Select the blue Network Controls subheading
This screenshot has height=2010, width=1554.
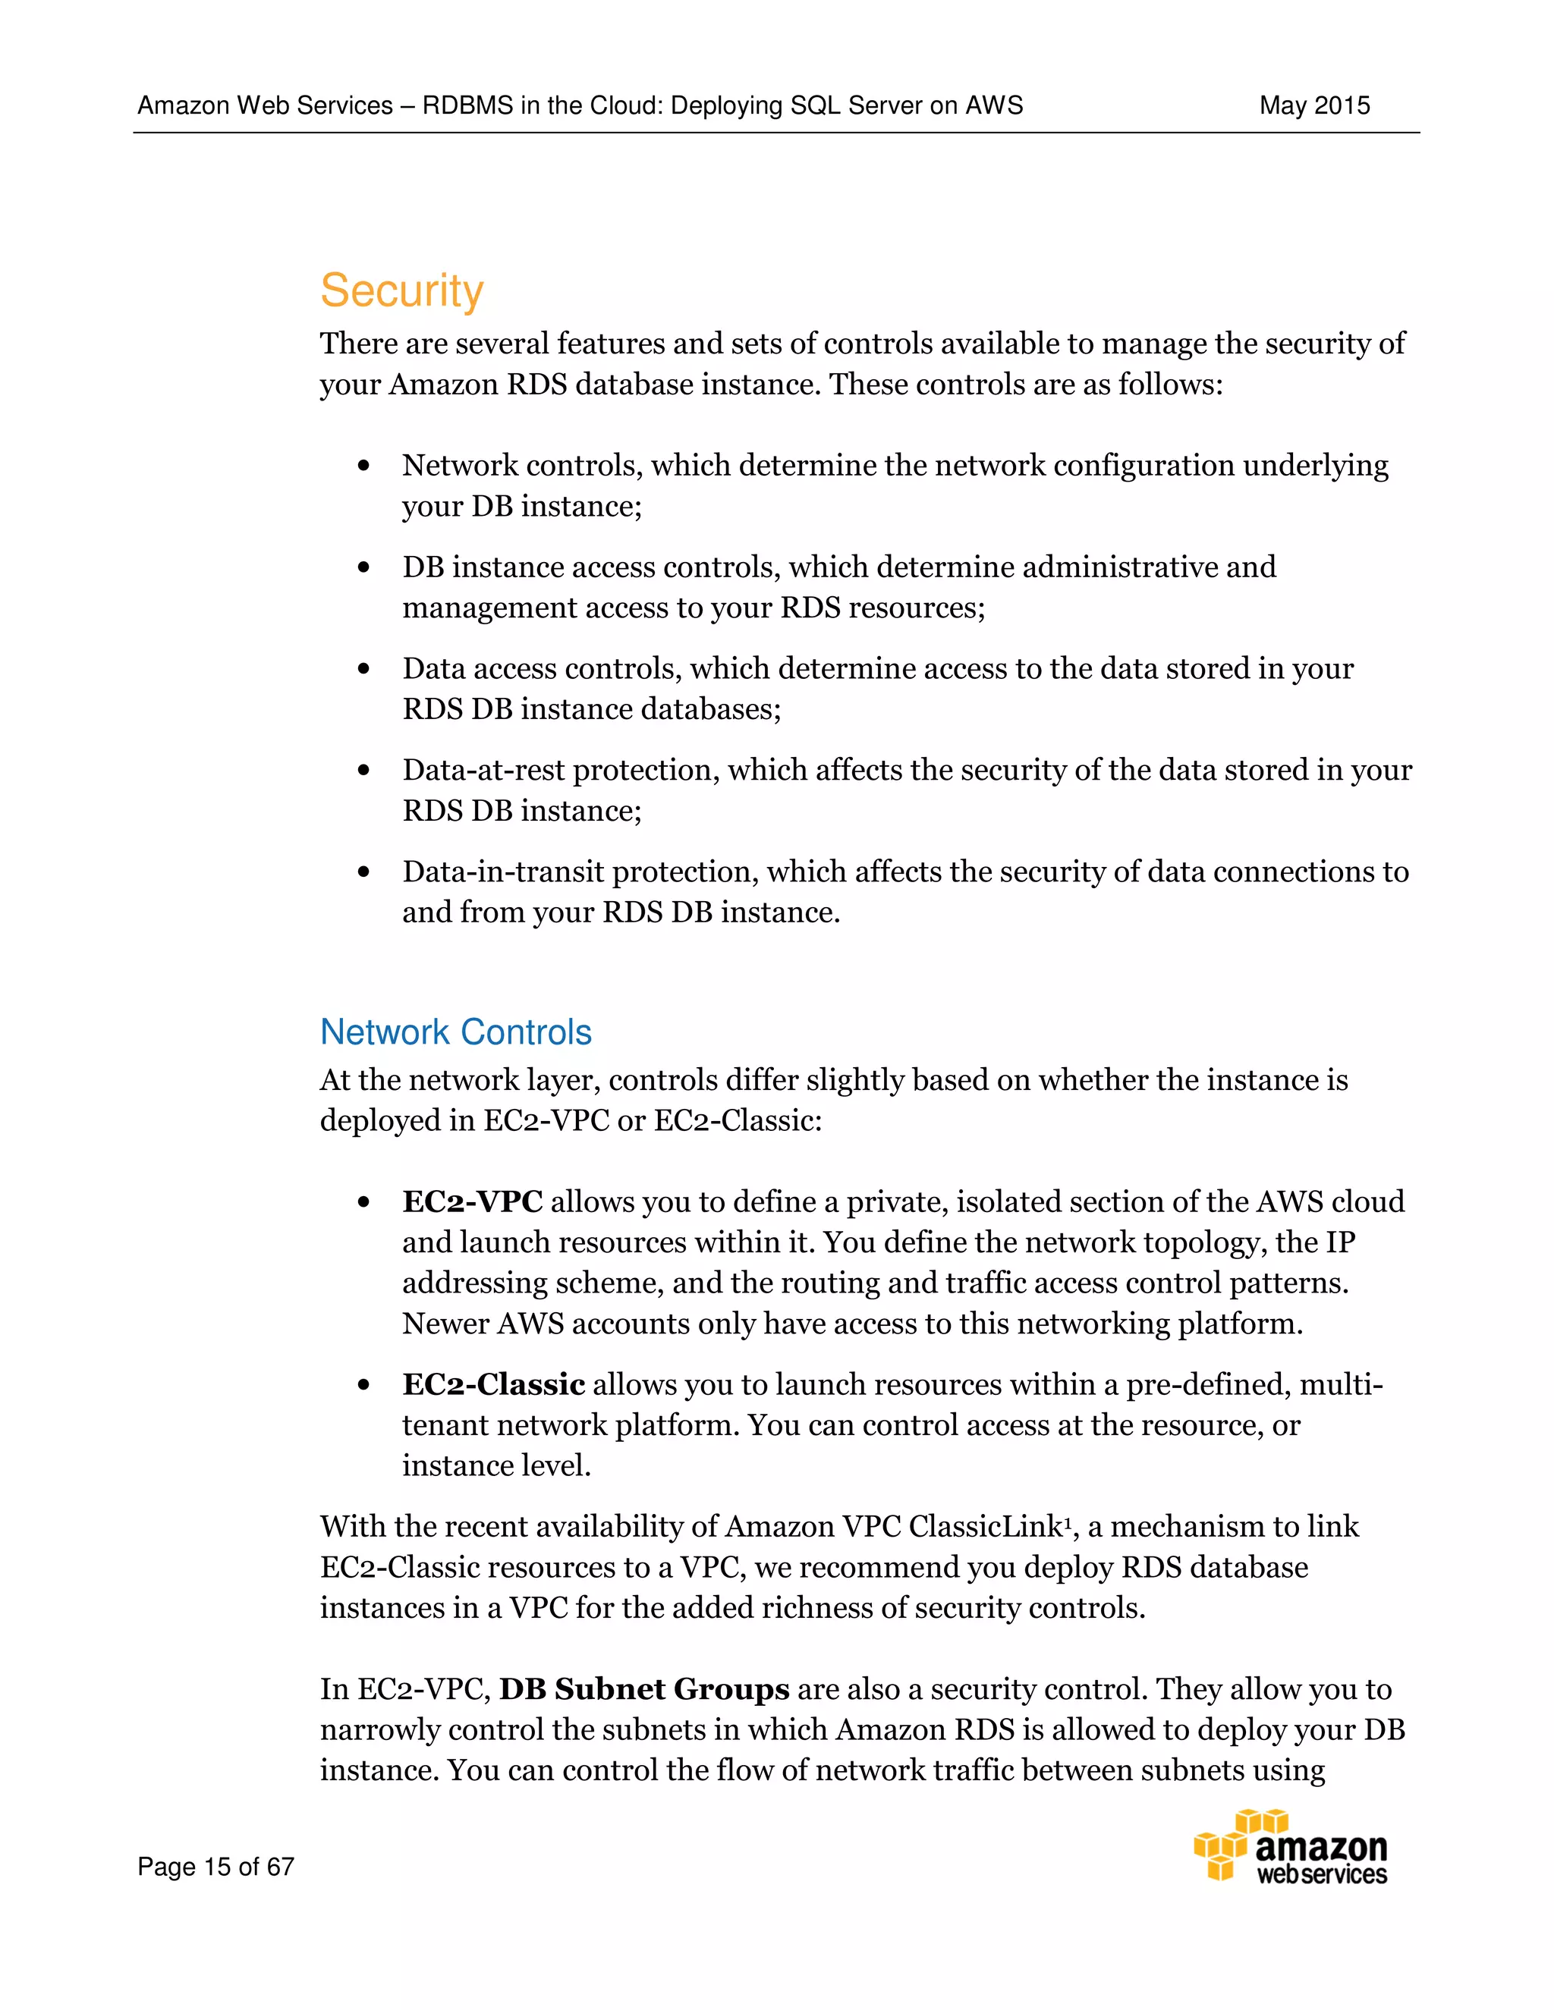pyautogui.click(x=456, y=1032)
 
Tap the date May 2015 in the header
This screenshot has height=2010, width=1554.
pyautogui.click(x=1313, y=106)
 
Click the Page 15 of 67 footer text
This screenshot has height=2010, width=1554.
pyautogui.click(x=215, y=1867)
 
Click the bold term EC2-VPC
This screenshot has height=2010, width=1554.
pyautogui.click(x=472, y=1202)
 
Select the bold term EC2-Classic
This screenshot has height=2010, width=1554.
pyautogui.click(x=493, y=1384)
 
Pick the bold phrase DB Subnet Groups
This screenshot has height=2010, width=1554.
pyautogui.click(x=644, y=1689)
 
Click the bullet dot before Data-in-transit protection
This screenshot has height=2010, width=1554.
pyautogui.click(x=363, y=872)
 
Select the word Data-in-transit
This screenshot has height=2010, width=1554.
pyautogui.click(x=502, y=872)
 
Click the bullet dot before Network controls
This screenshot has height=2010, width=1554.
pyautogui.click(x=363, y=466)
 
